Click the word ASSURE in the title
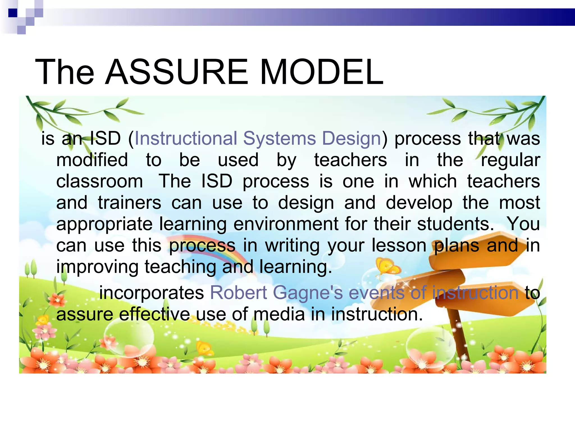(177, 72)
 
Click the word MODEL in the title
(322, 72)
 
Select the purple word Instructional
(186, 138)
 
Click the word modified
(92, 160)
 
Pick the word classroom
(100, 181)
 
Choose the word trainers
(130, 203)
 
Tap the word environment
(286, 224)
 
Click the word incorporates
(152, 293)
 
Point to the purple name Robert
(238, 293)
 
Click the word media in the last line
(279, 314)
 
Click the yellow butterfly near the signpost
(388, 267)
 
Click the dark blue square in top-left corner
(13, 13)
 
